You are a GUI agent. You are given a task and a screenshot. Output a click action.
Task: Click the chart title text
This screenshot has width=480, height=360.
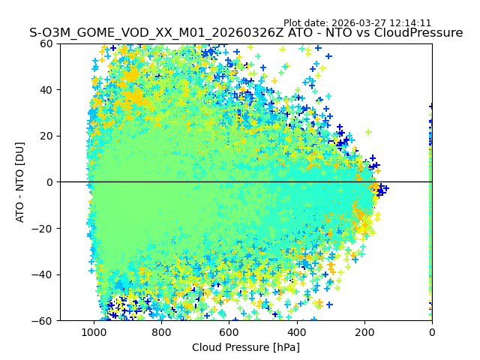click(x=246, y=33)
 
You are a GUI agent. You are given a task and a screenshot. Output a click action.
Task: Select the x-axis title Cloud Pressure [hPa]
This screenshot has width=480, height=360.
click(x=246, y=347)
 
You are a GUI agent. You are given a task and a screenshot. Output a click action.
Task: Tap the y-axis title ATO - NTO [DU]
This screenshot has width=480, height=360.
click(x=20, y=182)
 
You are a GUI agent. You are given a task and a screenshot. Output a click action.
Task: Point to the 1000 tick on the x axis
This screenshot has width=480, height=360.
click(x=94, y=331)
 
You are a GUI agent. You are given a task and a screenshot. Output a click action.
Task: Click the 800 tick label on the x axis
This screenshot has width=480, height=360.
click(x=161, y=331)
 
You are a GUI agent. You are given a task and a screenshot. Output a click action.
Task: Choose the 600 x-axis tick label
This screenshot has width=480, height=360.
click(x=229, y=331)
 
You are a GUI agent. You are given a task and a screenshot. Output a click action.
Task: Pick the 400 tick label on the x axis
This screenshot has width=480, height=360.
click(x=296, y=331)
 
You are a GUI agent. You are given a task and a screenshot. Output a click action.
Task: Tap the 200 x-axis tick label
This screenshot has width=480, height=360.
click(x=364, y=331)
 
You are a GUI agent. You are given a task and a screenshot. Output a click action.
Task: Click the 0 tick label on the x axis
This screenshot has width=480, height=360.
click(x=432, y=331)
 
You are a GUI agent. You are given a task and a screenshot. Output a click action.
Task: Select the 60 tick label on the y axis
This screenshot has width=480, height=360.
click(x=46, y=43)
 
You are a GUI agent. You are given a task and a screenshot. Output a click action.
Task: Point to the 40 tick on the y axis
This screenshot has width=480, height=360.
click(x=46, y=90)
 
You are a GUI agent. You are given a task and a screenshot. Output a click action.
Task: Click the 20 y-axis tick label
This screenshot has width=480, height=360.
click(x=46, y=136)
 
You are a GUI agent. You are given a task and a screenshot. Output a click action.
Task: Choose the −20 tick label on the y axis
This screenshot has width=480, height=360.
click(x=43, y=228)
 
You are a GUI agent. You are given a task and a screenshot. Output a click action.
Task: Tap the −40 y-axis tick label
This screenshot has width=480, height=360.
click(x=43, y=274)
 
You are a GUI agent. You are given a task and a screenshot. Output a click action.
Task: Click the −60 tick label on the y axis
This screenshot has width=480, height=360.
click(x=43, y=320)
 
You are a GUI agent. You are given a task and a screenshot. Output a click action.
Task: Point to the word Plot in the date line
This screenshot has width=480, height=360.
click(x=293, y=23)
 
